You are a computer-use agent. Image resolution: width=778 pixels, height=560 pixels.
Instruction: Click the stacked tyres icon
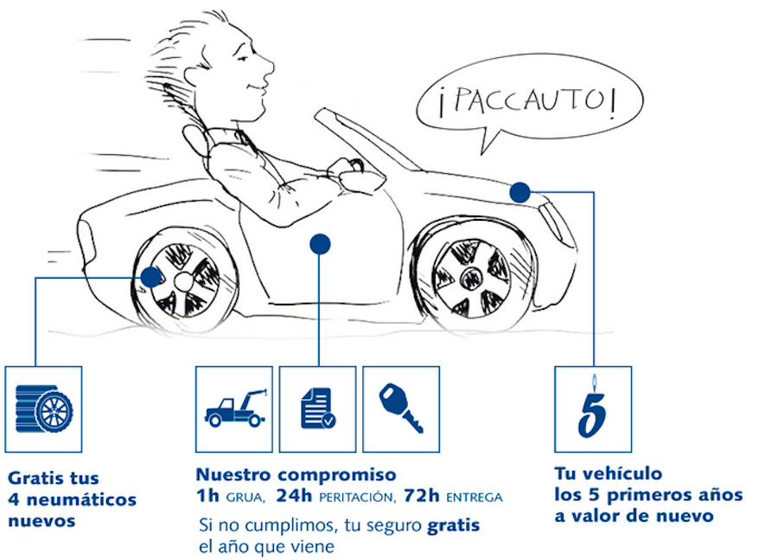coord(44,409)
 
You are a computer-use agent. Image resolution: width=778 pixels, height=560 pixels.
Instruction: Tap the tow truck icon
coord(236,408)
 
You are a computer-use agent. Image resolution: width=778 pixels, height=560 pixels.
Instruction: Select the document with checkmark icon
coord(317,409)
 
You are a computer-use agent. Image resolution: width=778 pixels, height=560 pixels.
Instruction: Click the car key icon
coord(401,409)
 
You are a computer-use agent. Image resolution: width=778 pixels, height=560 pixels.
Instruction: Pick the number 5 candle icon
coord(592,408)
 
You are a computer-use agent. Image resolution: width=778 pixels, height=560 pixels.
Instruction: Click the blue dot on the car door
coord(320,244)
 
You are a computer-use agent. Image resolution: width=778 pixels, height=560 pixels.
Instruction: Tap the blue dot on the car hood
coord(520,192)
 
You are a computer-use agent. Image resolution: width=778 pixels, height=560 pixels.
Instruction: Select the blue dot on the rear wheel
coord(150,277)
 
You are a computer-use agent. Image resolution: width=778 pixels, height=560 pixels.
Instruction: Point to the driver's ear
coord(194,74)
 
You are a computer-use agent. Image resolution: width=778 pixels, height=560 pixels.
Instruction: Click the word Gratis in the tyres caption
coord(33,479)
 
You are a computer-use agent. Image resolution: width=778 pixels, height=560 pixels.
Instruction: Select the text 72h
coord(421,496)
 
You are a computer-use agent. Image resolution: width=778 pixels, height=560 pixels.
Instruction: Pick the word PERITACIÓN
coord(357,497)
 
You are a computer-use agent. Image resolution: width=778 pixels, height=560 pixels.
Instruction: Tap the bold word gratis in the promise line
coord(454,525)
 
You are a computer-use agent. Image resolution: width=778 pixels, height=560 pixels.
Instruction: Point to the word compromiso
coord(336,475)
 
